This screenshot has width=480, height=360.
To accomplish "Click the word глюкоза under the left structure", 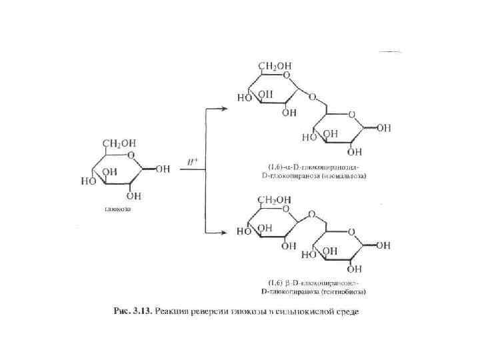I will tap(117, 209).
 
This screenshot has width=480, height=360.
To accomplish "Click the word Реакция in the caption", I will tap(187, 313).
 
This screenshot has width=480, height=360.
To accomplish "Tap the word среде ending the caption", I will tap(347, 313).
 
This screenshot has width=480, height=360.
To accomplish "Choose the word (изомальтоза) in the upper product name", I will tap(349, 176).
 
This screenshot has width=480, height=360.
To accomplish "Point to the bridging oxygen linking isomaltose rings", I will tap(310, 97).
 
